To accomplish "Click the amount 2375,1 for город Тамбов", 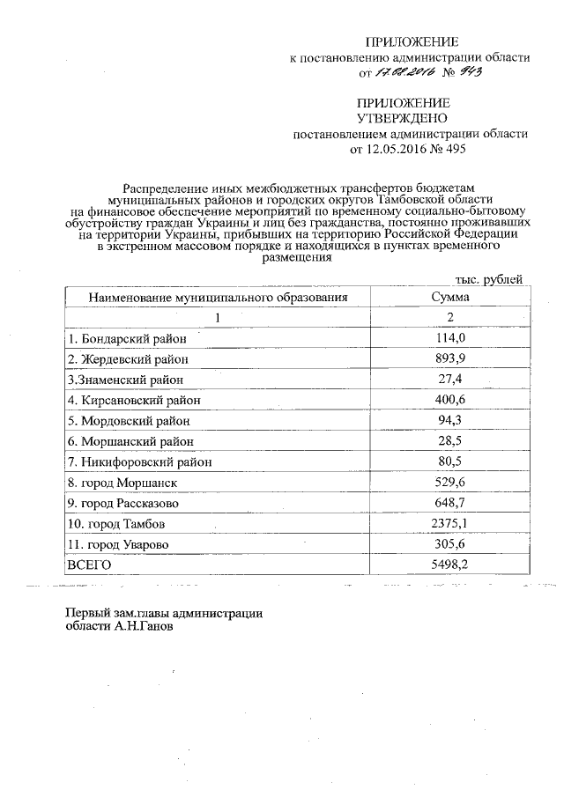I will (456, 525).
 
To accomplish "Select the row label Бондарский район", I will (125, 338).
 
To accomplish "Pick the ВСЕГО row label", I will (89, 565).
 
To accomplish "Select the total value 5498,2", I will (456, 565).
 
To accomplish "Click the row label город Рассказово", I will (122, 504).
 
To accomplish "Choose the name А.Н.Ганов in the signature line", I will (145, 629).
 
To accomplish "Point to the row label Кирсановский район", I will (133, 400).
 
